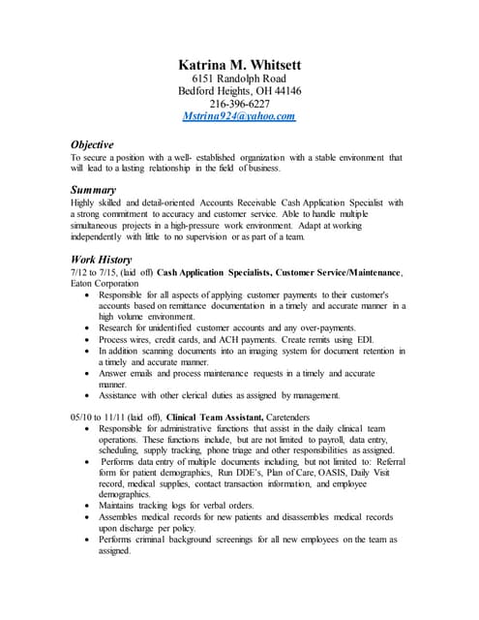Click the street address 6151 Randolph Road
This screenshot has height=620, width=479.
tap(239, 78)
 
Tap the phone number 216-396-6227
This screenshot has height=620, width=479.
tap(239, 104)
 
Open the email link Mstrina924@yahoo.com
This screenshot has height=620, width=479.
tap(239, 116)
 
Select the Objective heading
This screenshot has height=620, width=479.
tap(92, 144)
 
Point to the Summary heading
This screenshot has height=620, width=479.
tap(94, 190)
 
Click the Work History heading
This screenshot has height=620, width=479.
tap(102, 260)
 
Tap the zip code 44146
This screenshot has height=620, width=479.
tap(285, 91)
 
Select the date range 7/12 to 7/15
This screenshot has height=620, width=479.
tap(96, 273)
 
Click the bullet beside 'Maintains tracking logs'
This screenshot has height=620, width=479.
tap(88, 505)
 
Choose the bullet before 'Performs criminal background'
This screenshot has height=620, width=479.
tap(88, 540)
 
